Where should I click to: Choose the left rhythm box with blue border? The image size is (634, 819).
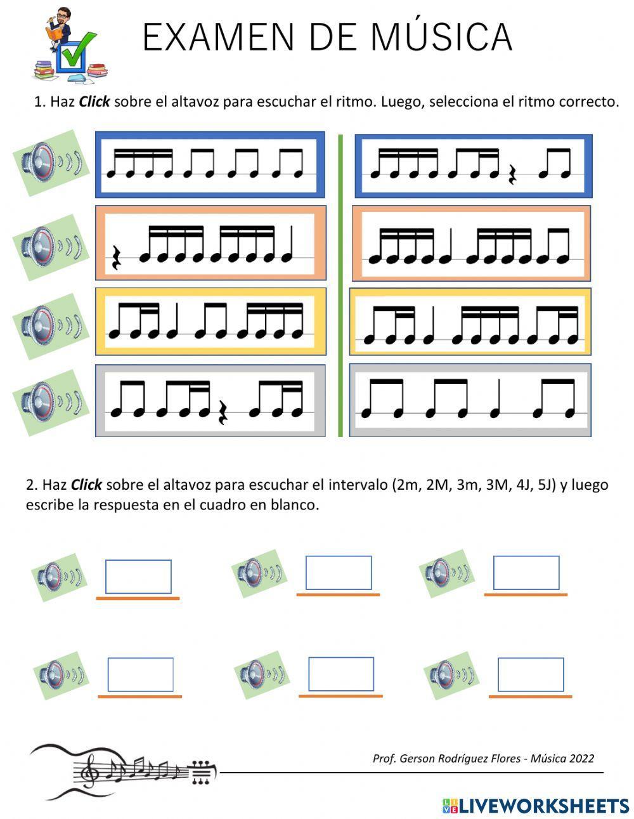(x=210, y=165)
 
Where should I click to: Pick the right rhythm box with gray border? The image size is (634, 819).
(x=470, y=400)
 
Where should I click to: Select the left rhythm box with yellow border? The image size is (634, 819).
(x=210, y=321)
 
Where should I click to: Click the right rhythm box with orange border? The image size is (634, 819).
(x=470, y=243)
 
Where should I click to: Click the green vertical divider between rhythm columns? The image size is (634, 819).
(x=340, y=285)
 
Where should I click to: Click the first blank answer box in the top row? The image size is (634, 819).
(x=138, y=577)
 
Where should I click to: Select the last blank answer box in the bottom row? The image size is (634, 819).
(x=531, y=674)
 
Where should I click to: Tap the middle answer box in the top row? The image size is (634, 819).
(x=339, y=573)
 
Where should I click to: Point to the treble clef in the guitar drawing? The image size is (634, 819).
(x=91, y=769)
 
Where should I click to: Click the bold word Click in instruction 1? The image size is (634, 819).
(x=94, y=102)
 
